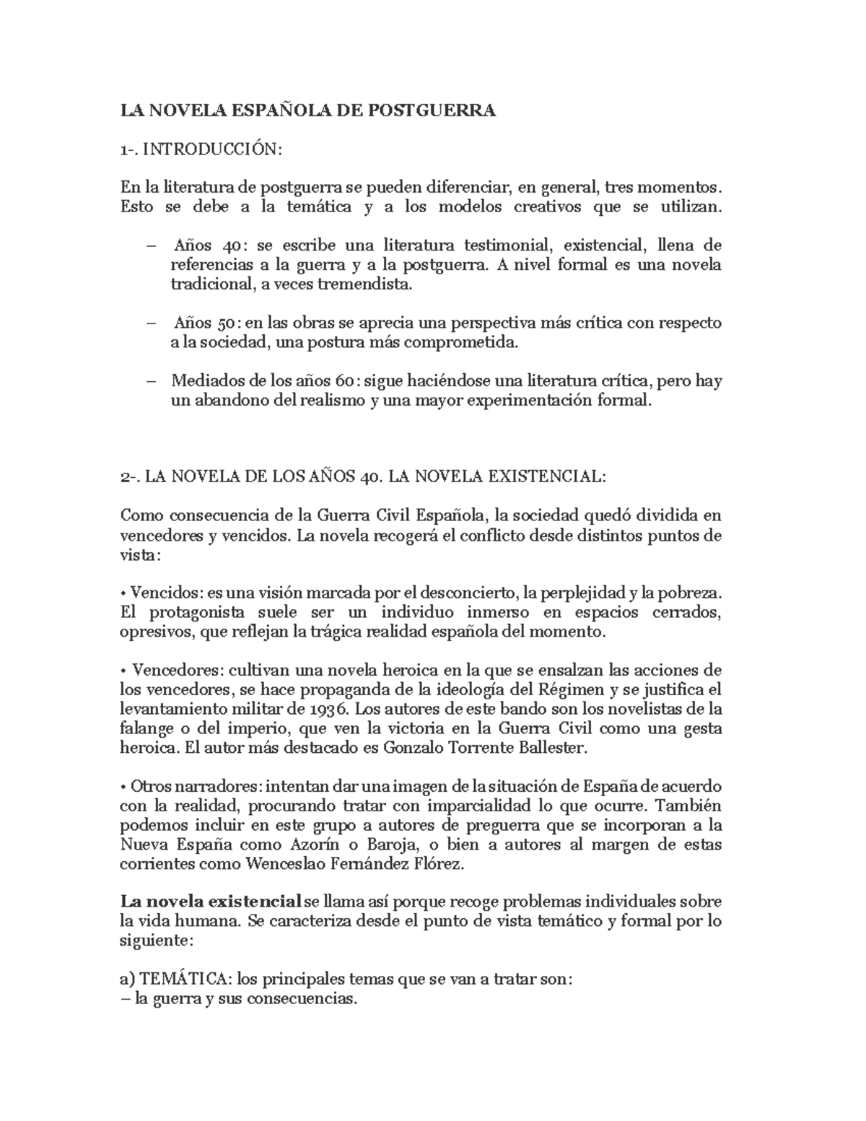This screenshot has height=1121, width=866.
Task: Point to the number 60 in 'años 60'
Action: point(343,380)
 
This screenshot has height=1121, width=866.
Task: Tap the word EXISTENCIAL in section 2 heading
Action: point(546,477)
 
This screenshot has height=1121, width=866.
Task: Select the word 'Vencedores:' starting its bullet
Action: point(175,670)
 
